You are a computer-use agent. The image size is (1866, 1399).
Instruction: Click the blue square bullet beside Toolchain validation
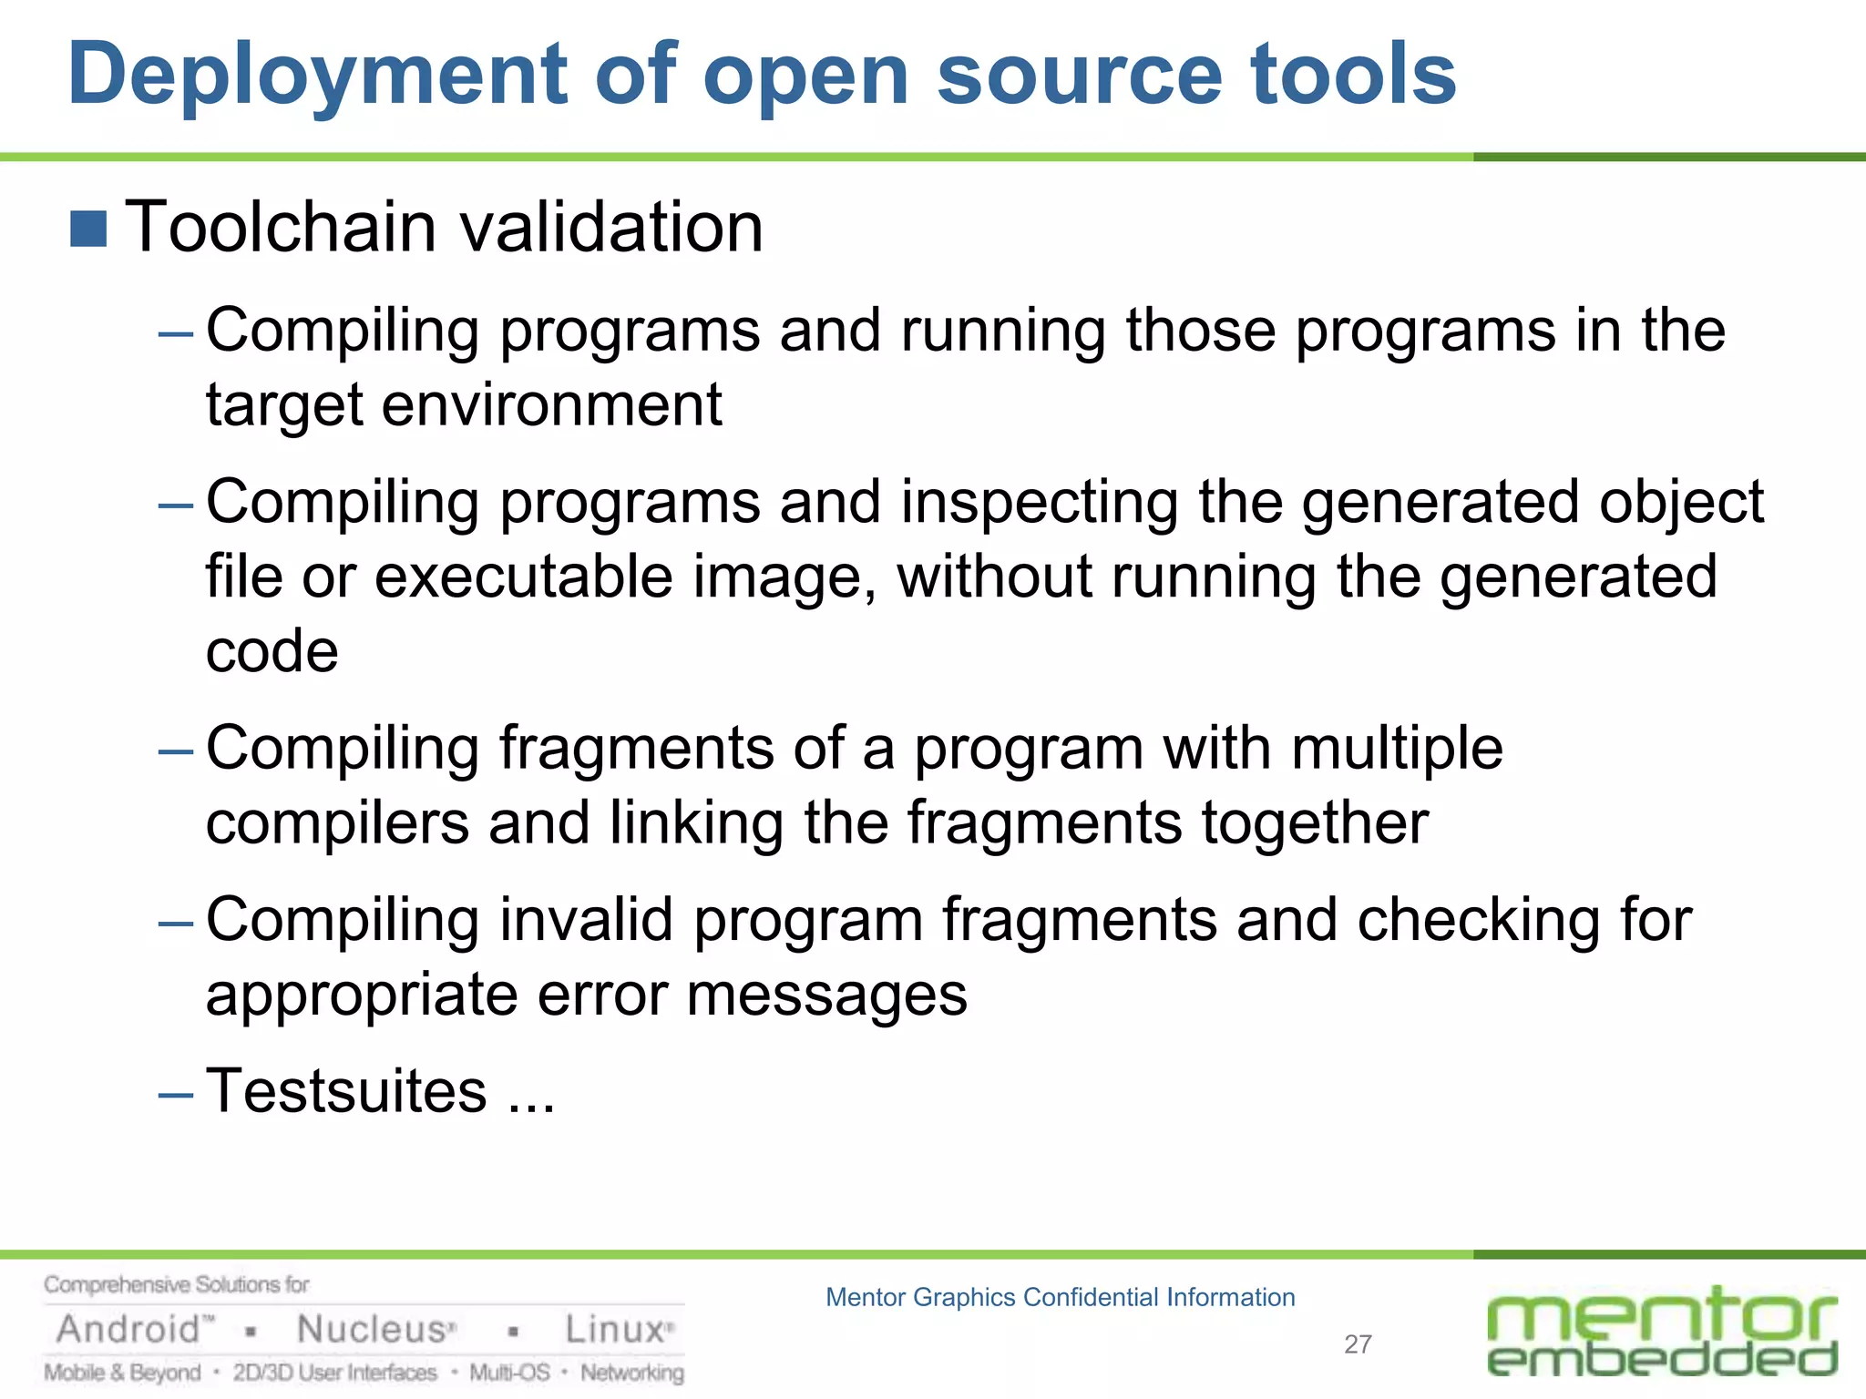pyautogui.click(x=88, y=229)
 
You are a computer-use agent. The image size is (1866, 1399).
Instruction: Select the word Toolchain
pyautogui.click(x=281, y=227)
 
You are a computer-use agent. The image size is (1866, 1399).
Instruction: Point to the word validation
pyautogui.click(x=611, y=227)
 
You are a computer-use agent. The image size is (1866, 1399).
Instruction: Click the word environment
pyautogui.click(x=551, y=405)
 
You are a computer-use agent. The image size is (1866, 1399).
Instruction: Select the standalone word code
pyautogui.click(x=272, y=651)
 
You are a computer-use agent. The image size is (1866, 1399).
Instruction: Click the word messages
pyautogui.click(x=826, y=995)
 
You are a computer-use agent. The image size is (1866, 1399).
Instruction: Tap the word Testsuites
pyautogui.click(x=346, y=1091)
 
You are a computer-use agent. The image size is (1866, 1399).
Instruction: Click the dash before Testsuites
pyautogui.click(x=175, y=1094)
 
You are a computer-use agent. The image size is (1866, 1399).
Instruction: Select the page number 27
pyautogui.click(x=1358, y=1344)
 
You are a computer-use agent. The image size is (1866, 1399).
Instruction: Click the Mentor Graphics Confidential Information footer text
pyautogui.click(x=1060, y=1297)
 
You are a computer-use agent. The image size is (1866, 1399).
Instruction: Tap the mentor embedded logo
pyautogui.click(x=1661, y=1331)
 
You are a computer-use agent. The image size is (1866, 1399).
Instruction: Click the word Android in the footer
pyautogui.click(x=128, y=1330)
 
